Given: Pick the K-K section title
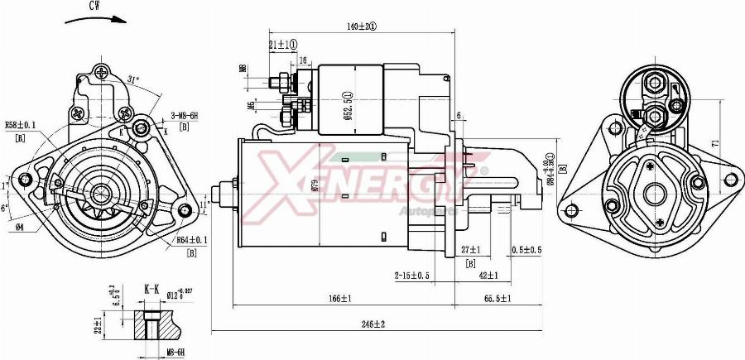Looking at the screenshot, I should (152, 289).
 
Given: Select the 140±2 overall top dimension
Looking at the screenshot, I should (362, 26).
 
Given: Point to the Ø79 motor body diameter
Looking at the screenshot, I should (315, 186).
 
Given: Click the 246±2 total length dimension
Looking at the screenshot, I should (372, 324).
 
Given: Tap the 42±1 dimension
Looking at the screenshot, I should (488, 275).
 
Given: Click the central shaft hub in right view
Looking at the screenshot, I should (655, 193).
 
